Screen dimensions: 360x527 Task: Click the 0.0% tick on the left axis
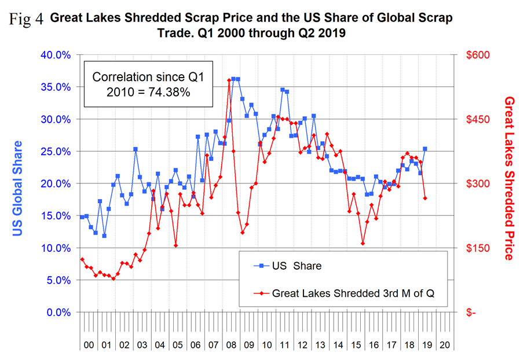pos(56,312)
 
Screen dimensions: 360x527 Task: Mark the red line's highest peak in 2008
pos(229,80)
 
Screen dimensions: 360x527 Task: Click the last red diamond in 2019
pos(425,199)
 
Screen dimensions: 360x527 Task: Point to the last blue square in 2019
pos(425,149)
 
